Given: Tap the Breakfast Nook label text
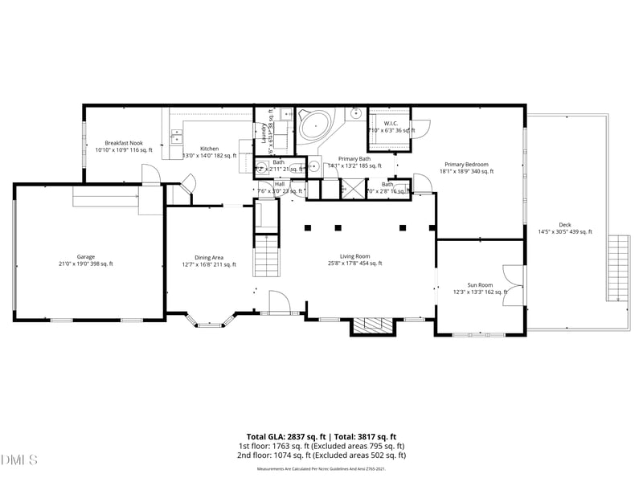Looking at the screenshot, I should pos(123,145).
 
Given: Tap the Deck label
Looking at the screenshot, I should pos(564,227).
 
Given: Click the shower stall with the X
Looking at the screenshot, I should pos(352,190).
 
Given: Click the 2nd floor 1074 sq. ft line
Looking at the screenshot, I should pos(321,455).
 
